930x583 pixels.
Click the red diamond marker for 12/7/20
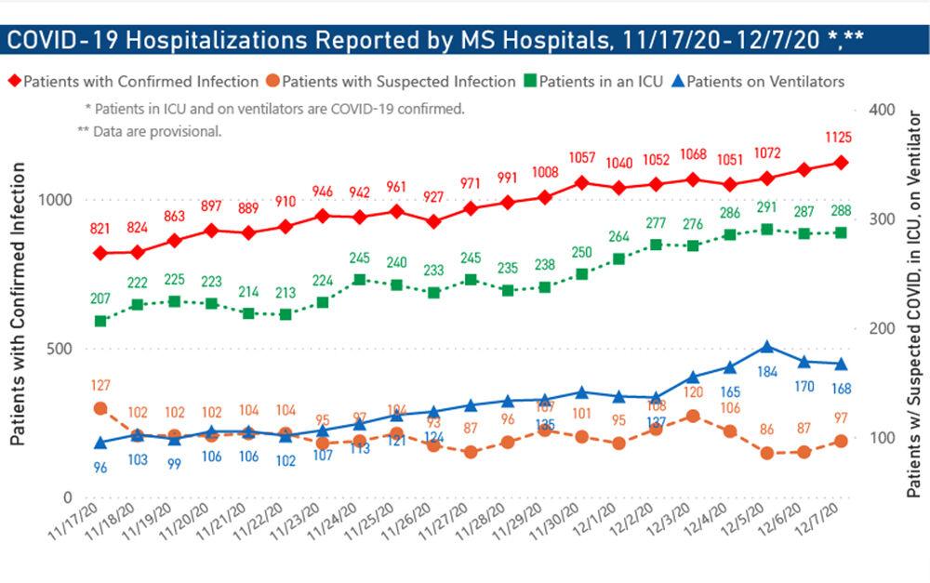[x=841, y=163]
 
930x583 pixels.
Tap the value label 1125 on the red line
[x=838, y=137]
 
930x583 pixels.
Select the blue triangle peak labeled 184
[x=767, y=347]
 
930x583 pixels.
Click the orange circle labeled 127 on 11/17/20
[x=100, y=408]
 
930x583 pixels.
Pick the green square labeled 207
[x=100, y=321]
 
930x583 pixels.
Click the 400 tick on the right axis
[x=880, y=110]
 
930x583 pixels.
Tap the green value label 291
[x=767, y=208]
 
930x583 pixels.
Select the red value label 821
[x=100, y=230]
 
